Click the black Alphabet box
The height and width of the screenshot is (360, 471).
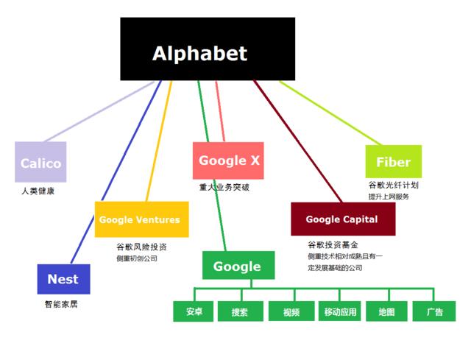click(208, 49)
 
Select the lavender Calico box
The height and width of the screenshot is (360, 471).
click(40, 162)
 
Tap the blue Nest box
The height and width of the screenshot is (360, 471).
click(64, 279)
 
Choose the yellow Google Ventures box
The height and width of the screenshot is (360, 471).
click(142, 219)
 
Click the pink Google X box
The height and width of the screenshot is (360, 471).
click(228, 160)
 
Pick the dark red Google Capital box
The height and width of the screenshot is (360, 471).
click(343, 219)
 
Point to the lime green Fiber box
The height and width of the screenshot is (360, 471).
click(394, 162)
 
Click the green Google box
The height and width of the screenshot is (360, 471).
click(238, 265)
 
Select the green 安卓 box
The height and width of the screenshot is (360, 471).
click(194, 311)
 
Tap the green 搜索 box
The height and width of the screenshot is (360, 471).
click(241, 311)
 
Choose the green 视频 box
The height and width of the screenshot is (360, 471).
click(291, 311)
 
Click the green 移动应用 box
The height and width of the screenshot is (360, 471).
click(340, 311)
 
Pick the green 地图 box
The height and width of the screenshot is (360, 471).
click(386, 311)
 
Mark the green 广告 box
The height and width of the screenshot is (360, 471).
click(434, 311)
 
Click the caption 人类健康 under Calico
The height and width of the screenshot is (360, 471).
click(38, 191)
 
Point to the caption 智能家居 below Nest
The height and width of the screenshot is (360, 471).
click(61, 304)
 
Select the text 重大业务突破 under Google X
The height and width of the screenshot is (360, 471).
click(224, 187)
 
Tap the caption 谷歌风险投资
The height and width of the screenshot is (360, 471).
click(141, 247)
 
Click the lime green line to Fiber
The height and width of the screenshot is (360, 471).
click(330, 113)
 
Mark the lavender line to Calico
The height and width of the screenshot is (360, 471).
click(99, 111)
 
